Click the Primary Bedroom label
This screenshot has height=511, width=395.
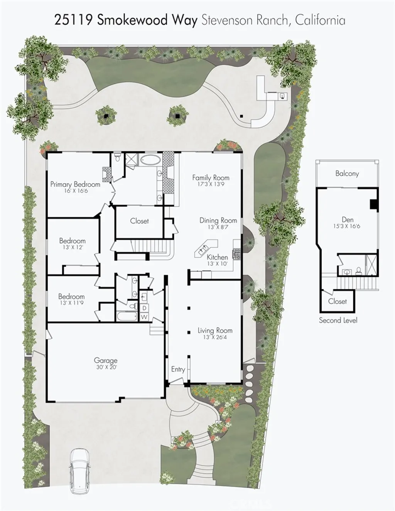point(75,184)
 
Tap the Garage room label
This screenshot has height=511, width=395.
point(105,360)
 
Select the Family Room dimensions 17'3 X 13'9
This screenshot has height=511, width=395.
point(211,184)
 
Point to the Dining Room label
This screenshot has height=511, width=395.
point(218,220)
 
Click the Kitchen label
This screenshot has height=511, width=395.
point(217,257)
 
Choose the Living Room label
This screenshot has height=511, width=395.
point(215,330)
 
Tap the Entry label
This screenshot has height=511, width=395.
point(178,369)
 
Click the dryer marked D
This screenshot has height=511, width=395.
point(144,308)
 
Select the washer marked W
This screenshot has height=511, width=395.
point(144,317)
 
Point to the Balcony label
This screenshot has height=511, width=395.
point(347,174)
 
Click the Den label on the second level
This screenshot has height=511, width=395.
point(347,219)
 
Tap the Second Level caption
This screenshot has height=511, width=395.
point(338,320)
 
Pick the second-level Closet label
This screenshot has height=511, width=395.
point(337,301)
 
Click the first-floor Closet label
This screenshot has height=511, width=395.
point(139,221)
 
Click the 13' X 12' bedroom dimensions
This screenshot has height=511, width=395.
point(73,247)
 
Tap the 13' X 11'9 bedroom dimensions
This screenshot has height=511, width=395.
point(71,303)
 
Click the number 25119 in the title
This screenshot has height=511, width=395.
point(73,20)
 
